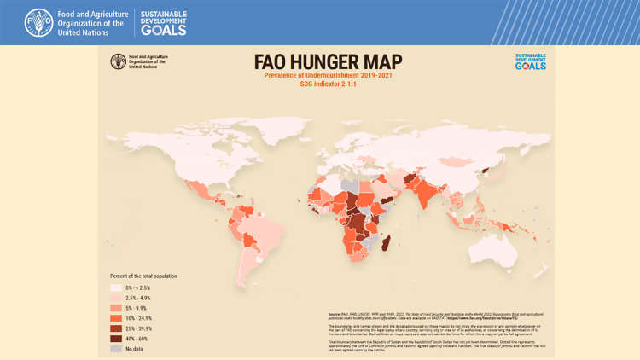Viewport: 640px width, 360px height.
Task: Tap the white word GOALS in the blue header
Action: [164, 30]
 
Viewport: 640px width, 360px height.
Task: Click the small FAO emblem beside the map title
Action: [118, 61]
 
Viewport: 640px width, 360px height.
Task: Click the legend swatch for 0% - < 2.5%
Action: [116, 287]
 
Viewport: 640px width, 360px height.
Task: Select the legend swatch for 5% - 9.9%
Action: [116, 308]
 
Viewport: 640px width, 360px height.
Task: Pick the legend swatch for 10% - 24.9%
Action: [116, 318]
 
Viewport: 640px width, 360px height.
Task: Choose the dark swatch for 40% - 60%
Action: [116, 339]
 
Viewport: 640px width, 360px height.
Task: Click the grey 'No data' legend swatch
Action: [116, 349]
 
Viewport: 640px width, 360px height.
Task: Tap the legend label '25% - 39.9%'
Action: [139, 328]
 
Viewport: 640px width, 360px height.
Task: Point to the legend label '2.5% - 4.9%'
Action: [138, 298]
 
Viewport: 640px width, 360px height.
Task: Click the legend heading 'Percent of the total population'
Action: [143, 276]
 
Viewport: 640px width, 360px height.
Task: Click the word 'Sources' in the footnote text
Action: [335, 314]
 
